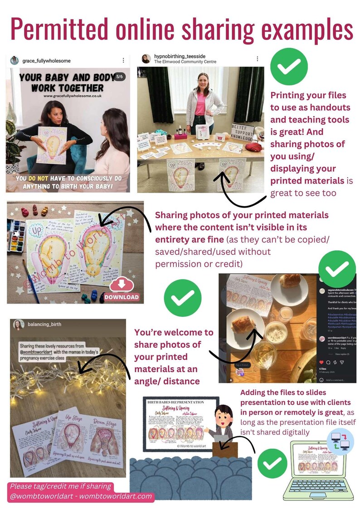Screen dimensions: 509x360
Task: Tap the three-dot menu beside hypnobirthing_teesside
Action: (257, 59)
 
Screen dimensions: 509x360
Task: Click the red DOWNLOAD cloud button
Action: (121, 290)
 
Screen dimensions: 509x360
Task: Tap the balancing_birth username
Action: (44, 325)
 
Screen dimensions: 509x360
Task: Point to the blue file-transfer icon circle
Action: (340, 441)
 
